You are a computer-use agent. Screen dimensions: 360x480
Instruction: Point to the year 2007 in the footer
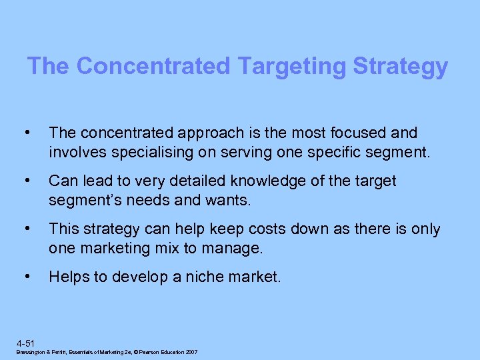tap(191, 352)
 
